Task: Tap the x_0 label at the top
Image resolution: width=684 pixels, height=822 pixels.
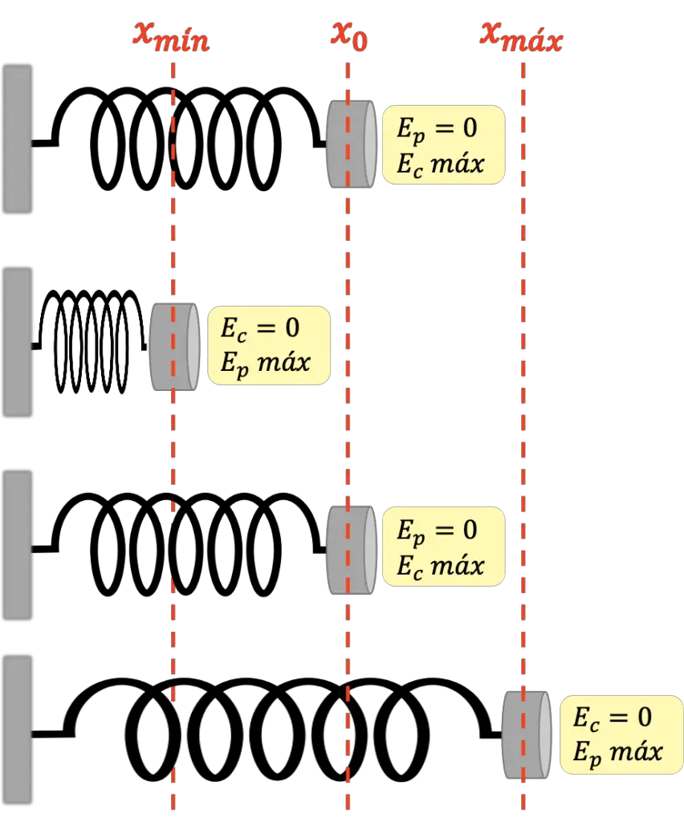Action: coord(348,36)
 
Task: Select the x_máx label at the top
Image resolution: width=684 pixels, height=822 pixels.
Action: coord(521,36)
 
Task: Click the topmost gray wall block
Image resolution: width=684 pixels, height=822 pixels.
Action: coord(18,139)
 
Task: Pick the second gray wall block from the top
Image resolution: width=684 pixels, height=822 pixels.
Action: coord(18,341)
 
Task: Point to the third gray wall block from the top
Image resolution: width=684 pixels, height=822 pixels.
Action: coord(18,544)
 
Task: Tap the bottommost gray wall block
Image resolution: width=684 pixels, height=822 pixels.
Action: coord(18,729)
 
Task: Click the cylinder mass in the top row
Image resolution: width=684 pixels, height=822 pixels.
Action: coord(351,144)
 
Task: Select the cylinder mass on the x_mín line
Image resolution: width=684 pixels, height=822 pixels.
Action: coord(174,347)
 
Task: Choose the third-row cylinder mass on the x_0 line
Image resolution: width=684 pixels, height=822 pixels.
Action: coord(351,550)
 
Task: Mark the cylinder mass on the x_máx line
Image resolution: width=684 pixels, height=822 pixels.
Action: coord(527,734)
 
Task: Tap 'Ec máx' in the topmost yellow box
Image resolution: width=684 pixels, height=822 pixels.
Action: coord(441,164)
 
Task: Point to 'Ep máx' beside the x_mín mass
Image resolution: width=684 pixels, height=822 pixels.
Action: coord(265,364)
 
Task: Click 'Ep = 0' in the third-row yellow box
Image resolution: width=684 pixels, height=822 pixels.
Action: coord(437,531)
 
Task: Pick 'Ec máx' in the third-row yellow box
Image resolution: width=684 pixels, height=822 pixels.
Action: coord(441,566)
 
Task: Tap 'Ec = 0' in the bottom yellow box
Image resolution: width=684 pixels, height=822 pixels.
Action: coord(613,717)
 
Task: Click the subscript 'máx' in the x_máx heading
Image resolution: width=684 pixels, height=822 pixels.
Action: coord(533,41)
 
